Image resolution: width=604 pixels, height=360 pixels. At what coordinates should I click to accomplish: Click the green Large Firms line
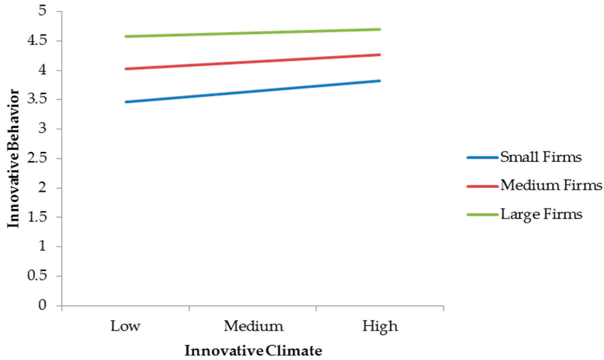(x=253, y=33)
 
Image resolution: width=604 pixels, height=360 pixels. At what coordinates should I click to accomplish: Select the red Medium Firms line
(x=253, y=61)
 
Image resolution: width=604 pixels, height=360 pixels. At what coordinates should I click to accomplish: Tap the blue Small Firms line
(x=253, y=91)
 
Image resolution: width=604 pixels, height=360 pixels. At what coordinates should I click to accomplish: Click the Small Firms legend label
(x=541, y=157)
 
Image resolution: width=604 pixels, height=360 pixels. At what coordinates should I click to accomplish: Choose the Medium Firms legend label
(x=551, y=185)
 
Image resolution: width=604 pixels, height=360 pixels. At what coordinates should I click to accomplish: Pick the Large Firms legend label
(x=541, y=214)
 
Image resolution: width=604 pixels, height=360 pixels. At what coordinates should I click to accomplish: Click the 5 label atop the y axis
(x=42, y=11)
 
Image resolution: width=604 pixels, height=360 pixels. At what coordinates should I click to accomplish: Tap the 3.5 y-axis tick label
(x=37, y=99)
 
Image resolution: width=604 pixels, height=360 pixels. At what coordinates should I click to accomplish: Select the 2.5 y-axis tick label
(x=37, y=158)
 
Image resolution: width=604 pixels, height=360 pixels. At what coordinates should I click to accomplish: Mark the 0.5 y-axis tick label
(x=37, y=276)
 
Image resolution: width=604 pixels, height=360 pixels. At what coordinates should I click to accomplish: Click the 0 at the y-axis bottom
(x=42, y=305)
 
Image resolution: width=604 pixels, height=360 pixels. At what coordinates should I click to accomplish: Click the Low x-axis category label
(x=125, y=326)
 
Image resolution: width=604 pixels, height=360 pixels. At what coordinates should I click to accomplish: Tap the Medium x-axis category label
(x=254, y=326)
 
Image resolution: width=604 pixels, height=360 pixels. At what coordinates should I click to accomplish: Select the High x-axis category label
(x=380, y=326)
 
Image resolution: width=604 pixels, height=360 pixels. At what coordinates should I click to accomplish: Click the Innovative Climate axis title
(x=254, y=351)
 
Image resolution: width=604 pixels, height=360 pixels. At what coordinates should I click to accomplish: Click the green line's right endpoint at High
(x=379, y=30)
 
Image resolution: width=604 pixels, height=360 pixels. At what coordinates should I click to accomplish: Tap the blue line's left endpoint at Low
(x=126, y=102)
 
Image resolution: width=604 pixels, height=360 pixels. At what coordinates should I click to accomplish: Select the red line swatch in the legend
(x=482, y=186)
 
